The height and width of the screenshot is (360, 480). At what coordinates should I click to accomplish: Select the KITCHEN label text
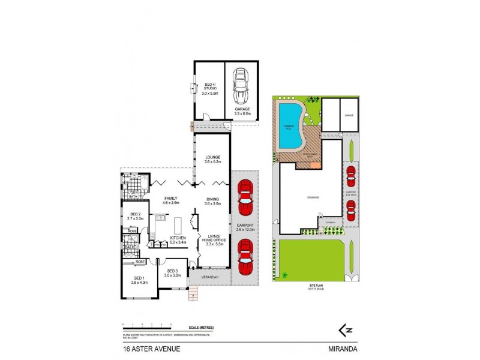click(x=178, y=240)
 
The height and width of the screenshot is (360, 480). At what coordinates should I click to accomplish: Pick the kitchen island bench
click(x=178, y=225)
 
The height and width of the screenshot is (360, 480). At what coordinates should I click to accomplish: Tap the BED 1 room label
click(x=139, y=280)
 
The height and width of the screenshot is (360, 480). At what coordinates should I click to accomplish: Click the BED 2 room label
click(x=136, y=216)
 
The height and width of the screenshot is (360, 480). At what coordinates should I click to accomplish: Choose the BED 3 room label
click(x=174, y=272)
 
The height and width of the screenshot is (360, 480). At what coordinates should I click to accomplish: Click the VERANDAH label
click(x=208, y=278)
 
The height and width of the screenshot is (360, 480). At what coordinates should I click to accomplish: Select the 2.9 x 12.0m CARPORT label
click(x=244, y=227)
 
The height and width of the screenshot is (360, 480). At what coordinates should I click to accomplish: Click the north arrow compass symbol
click(x=346, y=329)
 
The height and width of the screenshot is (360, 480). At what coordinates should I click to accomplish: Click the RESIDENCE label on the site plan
click(x=313, y=197)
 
